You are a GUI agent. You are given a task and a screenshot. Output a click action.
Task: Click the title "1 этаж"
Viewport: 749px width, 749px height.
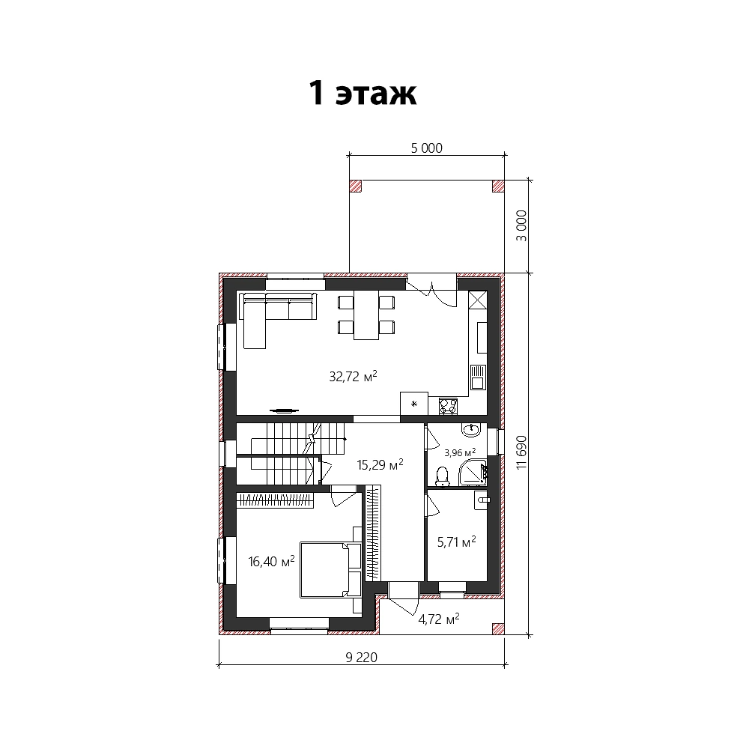pyautogui.click(x=363, y=93)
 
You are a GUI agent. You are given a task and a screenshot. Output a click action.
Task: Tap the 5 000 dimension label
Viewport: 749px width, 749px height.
pyautogui.click(x=427, y=148)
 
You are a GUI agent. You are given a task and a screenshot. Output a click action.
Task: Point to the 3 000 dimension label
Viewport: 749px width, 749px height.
pyautogui.click(x=521, y=225)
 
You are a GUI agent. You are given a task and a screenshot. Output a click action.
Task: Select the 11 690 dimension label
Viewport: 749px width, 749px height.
pyautogui.click(x=521, y=452)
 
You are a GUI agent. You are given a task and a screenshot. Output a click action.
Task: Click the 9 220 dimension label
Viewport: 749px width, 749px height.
pyautogui.click(x=361, y=658)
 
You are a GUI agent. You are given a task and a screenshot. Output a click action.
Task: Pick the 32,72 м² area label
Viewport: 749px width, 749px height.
pyautogui.click(x=353, y=377)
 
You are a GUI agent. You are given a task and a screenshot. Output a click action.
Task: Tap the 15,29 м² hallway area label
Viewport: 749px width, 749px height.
pyautogui.click(x=380, y=464)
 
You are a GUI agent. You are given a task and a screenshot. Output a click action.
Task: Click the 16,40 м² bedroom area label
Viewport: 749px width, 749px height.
pyautogui.click(x=271, y=561)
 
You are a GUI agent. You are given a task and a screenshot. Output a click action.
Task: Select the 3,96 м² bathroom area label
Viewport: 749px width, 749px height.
pyautogui.click(x=460, y=452)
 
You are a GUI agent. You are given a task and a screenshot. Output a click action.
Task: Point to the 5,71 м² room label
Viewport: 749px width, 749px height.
pyautogui.click(x=457, y=542)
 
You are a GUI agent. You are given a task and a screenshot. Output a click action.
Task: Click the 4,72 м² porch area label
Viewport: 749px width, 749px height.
pyautogui.click(x=438, y=619)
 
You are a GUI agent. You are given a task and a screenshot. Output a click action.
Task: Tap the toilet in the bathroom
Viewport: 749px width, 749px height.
pyautogui.click(x=443, y=476)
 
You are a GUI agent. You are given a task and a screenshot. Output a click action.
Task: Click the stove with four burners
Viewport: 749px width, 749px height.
pyautogui.click(x=448, y=407)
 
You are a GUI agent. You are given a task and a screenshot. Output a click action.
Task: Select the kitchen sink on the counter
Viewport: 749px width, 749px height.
pyautogui.click(x=478, y=377)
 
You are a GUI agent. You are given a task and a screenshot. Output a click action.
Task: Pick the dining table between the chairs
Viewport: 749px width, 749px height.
pyautogui.click(x=366, y=315)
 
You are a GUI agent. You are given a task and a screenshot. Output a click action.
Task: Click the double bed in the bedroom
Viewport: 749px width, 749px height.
pyautogui.click(x=330, y=569)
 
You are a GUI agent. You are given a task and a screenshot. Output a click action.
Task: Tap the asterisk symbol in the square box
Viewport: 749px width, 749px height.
pyautogui.click(x=414, y=404)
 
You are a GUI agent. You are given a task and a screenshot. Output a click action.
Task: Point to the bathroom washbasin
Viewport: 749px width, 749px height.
pyautogui.click(x=471, y=430)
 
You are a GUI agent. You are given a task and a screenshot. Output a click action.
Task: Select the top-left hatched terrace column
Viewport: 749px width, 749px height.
pyautogui.click(x=355, y=186)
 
